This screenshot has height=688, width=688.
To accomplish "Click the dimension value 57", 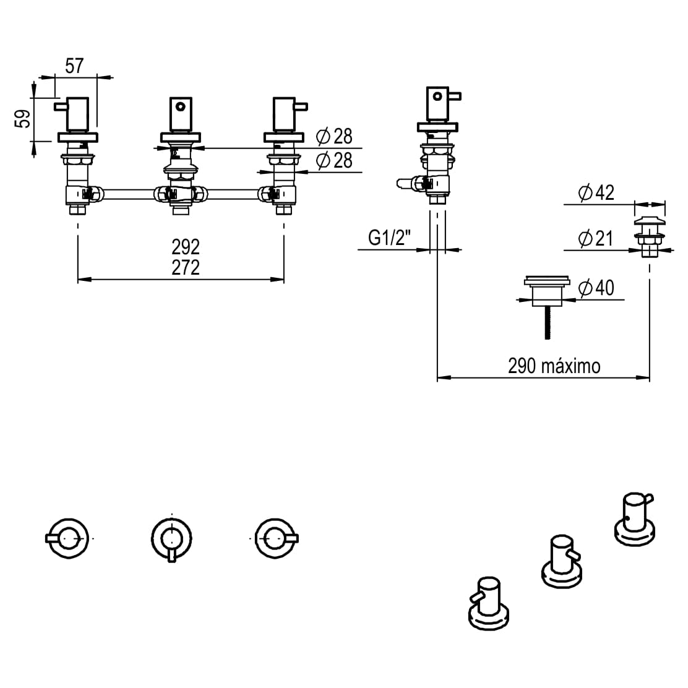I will pyautogui.click(x=74, y=66).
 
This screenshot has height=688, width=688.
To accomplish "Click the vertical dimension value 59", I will pyautogui.click(x=23, y=118).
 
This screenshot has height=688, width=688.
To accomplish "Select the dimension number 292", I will pyautogui.click(x=186, y=247).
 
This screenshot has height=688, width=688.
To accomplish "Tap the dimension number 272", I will pyautogui.click(x=186, y=267).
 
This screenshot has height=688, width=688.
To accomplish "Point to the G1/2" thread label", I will pyautogui.click(x=390, y=237).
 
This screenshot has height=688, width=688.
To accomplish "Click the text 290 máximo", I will pyautogui.click(x=554, y=366).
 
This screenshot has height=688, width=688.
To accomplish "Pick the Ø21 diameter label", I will pyautogui.click(x=595, y=238).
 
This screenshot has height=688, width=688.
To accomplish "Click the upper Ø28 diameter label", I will pyautogui.click(x=333, y=136).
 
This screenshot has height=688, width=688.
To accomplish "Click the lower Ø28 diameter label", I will pyautogui.click(x=333, y=161).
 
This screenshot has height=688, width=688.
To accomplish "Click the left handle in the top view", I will pyautogui.click(x=68, y=538).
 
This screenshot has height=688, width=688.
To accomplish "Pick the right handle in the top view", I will pyautogui.click(x=276, y=538).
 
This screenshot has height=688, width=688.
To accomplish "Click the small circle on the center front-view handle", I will pyautogui.click(x=180, y=106).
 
